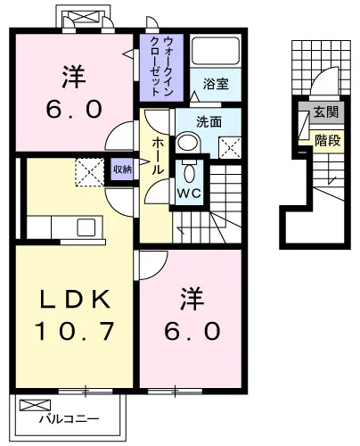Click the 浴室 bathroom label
click(x=216, y=84)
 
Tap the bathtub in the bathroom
click(x=216, y=51)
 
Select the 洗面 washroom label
click(x=209, y=122)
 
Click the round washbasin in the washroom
click(x=187, y=142)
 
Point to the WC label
click(x=189, y=194)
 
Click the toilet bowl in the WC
click(x=189, y=172)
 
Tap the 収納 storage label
click(x=122, y=169)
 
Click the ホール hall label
click(x=158, y=156)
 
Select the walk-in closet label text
click(x=161, y=66)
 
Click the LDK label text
click(x=76, y=298)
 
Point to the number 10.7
click(x=74, y=330)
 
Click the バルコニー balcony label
click(x=70, y=419)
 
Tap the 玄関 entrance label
click(x=326, y=112)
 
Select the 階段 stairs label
click(x=327, y=140)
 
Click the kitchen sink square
click(x=86, y=227)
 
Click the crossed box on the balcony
click(x=35, y=405)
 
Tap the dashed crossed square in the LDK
click(x=90, y=172)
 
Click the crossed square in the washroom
click(x=230, y=148)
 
